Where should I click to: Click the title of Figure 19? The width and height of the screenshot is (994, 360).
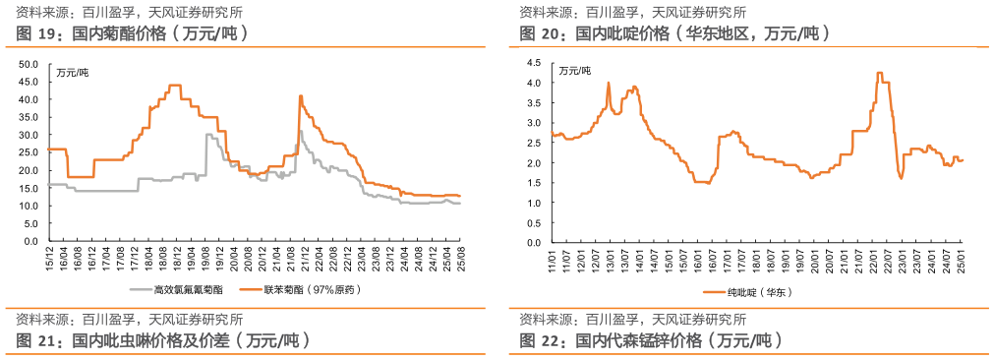[132, 33]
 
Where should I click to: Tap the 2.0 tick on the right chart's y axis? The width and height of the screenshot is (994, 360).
[536, 162]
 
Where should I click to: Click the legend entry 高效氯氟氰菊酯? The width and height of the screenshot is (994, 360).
[189, 289]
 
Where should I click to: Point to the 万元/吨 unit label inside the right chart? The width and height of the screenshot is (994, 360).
[576, 71]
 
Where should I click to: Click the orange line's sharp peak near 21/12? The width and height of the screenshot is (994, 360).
[300, 95]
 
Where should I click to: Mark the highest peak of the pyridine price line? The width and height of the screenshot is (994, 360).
[879, 73]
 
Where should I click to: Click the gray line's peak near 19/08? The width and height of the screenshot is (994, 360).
[207, 135]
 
